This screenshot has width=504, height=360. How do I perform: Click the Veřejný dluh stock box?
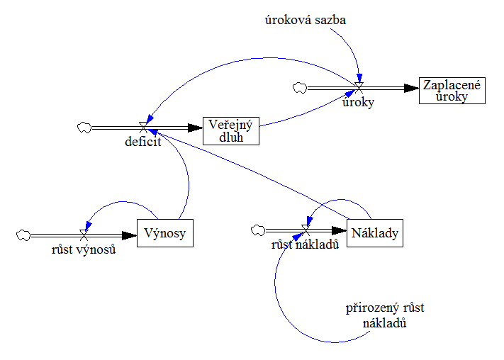[231, 130]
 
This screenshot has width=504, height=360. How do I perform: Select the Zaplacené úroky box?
[452, 90]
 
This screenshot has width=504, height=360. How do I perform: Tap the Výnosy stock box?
[164, 233]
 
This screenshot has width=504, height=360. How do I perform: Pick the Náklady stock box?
[375, 232]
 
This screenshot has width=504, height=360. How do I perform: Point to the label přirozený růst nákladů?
[385, 315]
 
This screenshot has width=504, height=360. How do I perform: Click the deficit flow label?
[145, 141]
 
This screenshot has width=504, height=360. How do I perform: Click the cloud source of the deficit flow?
[84, 128]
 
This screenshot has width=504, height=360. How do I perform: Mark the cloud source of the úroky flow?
[298, 88]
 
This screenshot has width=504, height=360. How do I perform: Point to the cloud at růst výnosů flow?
[24, 234]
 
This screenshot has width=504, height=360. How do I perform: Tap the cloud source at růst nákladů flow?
[258, 230]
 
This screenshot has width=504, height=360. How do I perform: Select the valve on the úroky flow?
[359, 88]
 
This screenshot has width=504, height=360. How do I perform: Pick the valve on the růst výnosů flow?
[84, 234]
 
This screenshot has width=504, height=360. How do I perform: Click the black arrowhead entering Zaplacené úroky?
[411, 88]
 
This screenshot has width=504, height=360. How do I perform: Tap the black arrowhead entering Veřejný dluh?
[196, 128]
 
